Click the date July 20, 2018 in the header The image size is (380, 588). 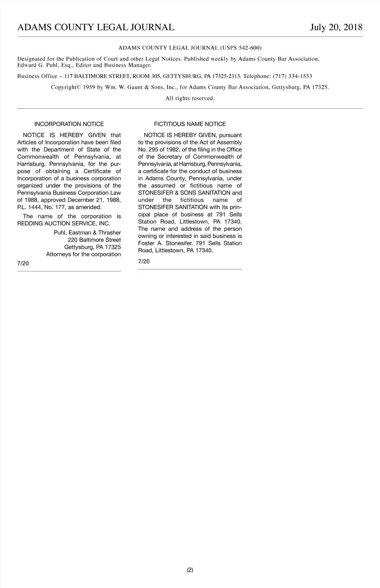point(336,28)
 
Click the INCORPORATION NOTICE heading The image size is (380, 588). point(69,124)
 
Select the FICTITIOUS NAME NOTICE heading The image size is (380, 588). point(190,124)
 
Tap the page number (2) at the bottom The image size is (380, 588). point(190,570)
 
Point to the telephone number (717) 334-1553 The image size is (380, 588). point(292,76)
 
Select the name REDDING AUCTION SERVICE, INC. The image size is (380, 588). point(64,223)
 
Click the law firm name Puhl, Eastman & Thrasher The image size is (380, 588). point(87,233)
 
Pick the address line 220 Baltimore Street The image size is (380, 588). point(94,240)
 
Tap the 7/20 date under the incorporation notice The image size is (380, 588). point(23,263)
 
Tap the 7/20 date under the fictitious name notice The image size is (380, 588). point(144,261)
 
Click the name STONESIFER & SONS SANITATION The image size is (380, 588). point(184,193)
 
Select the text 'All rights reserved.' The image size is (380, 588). point(190,98)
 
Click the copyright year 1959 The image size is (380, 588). point(89,87)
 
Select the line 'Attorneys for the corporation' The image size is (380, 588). point(83,254)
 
